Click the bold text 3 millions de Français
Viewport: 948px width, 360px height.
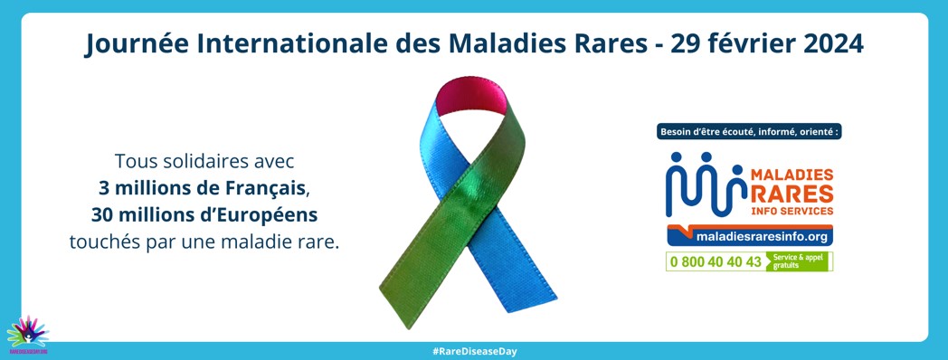(204, 189)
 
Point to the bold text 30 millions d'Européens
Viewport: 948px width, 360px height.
(204, 215)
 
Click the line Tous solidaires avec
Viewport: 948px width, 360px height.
(204, 163)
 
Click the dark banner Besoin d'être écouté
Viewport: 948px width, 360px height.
(749, 132)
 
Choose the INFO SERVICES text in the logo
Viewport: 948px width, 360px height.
(792, 211)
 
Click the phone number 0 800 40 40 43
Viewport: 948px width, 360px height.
(716, 262)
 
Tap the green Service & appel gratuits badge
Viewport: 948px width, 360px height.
(797, 262)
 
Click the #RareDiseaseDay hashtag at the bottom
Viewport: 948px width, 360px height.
(474, 351)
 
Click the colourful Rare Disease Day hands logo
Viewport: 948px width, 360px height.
(27, 333)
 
